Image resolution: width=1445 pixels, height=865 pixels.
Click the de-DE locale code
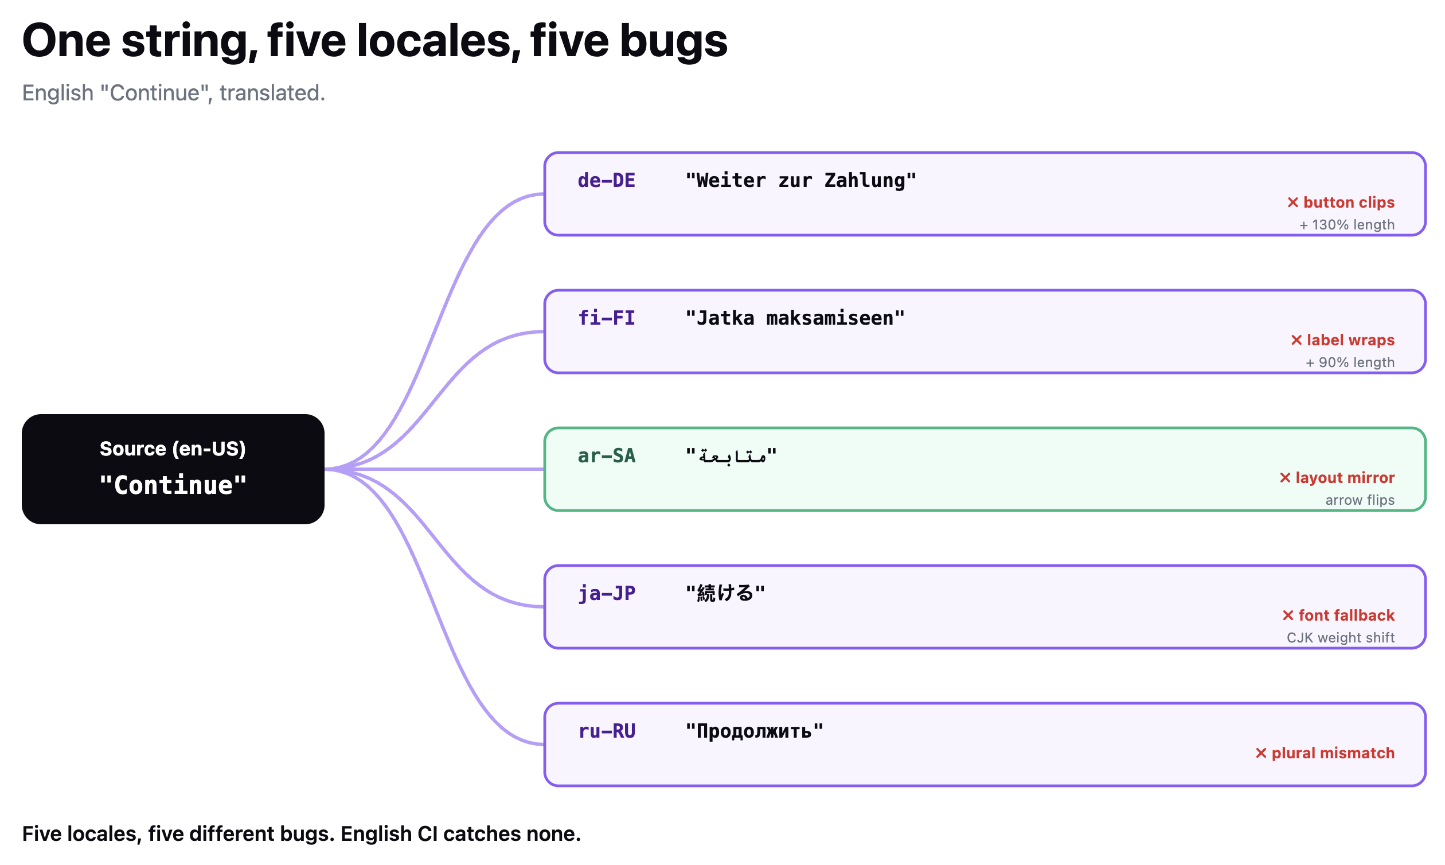pos(606,181)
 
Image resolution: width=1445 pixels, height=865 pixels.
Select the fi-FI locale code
pos(606,318)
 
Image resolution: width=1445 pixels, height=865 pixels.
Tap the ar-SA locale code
pos(606,456)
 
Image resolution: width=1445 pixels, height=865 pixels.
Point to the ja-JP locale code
pos(606,593)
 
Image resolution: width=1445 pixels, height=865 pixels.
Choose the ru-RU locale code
pos(606,731)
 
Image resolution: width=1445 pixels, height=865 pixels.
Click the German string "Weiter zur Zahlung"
pos(800,181)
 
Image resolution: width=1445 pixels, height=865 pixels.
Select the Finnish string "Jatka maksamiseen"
pos(795,318)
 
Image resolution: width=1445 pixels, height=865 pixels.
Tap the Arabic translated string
pos(731,455)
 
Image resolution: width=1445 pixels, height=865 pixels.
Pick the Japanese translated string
pos(725,593)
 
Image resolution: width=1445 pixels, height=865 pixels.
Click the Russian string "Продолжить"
pos(754,731)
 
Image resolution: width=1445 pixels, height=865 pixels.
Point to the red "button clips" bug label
pos(1340,202)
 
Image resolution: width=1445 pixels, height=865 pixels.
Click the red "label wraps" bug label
pos(1342,340)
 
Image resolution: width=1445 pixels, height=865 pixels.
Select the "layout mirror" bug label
pos(1337,477)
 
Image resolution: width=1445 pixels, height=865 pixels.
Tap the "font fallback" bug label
pos(1338,615)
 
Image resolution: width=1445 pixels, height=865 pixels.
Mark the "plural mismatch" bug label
pos(1325,753)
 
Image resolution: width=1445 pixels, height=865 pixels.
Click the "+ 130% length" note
pos(1346,225)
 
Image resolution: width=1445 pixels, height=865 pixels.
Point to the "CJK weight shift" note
pos(1340,638)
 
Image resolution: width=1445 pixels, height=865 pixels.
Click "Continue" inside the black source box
pos(173,485)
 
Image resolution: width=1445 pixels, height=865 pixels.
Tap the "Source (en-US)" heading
pos(173,449)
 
